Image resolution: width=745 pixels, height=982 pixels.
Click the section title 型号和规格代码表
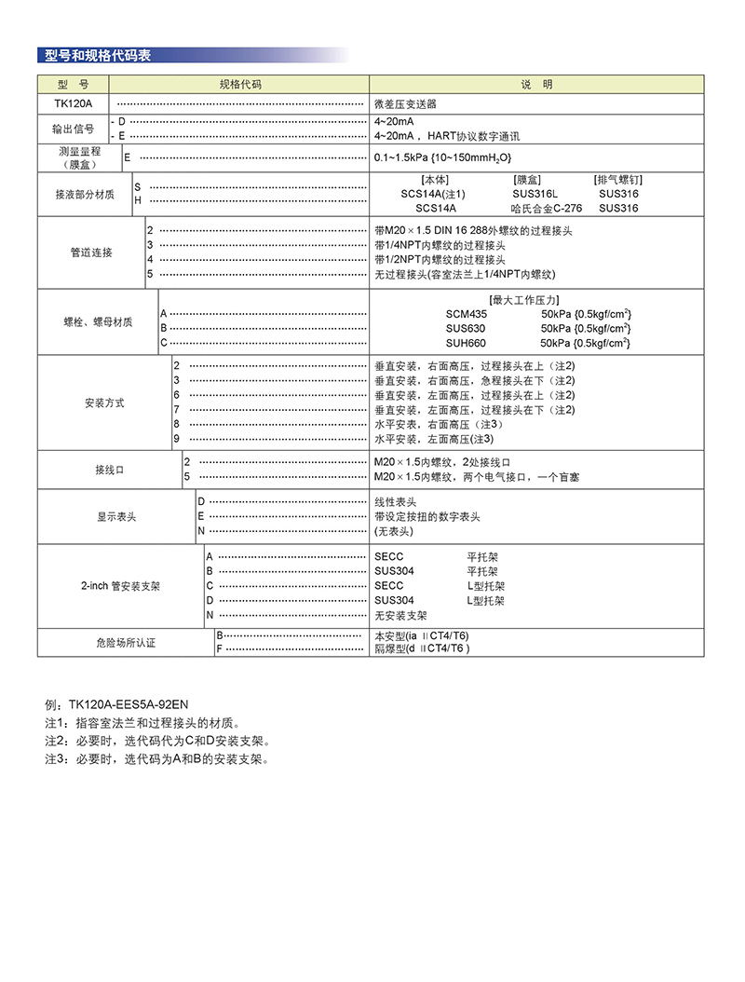click(98, 55)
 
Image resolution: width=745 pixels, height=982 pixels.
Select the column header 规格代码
click(240, 85)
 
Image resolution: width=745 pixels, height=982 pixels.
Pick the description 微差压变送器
click(405, 103)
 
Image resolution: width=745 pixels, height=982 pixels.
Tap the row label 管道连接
click(91, 252)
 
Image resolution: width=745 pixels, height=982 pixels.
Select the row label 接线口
click(110, 470)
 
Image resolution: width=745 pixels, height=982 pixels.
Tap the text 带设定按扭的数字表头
click(427, 516)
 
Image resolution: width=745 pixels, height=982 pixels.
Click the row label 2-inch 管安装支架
click(120, 586)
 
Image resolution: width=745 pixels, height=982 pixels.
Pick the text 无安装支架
click(401, 615)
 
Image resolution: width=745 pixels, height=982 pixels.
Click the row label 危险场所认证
click(126, 642)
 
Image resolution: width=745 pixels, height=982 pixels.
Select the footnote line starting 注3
click(156, 759)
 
